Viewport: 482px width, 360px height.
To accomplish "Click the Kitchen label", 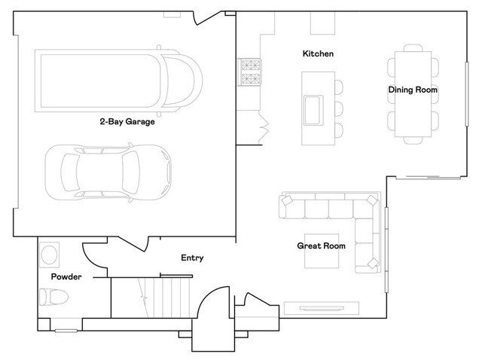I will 318,54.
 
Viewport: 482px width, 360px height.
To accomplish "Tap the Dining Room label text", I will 413,90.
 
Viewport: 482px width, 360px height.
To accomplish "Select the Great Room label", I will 321,246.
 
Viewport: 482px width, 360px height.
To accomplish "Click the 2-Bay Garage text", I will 127,121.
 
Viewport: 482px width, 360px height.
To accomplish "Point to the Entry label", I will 192,258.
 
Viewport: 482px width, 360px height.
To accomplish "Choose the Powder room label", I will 66,277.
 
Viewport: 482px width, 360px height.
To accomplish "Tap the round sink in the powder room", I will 50,253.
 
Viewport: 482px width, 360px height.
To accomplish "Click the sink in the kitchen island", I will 313,108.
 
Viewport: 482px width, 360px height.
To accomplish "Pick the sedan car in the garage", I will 108,172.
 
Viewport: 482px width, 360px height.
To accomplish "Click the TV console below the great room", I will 322,307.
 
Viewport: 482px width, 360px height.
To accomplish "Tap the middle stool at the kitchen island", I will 338,108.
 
